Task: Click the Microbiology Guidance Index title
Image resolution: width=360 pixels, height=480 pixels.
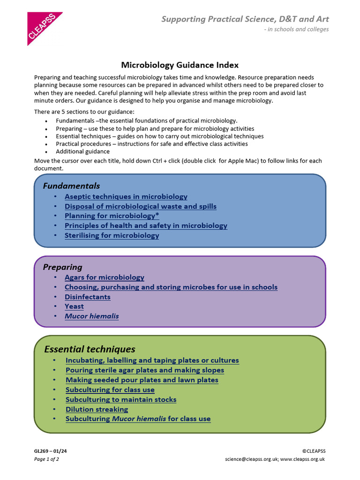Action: pyautogui.click(x=180, y=65)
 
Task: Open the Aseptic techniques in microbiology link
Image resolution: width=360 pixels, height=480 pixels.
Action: pyautogui.click(x=126, y=197)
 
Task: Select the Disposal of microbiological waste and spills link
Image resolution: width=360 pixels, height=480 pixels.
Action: pyautogui.click(x=140, y=206)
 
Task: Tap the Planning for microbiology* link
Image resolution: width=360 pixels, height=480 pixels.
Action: pyautogui.click(x=112, y=216)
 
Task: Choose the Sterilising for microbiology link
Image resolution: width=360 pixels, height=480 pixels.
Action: pyautogui.click(x=112, y=235)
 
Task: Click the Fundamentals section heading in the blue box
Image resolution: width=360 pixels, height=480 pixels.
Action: pyautogui.click(x=71, y=186)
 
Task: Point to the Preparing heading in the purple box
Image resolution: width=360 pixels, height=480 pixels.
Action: pyautogui.click(x=62, y=267)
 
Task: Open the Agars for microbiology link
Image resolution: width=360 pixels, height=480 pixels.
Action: pyautogui.click(x=104, y=277)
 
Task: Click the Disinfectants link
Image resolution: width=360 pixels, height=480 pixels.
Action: pyautogui.click(x=87, y=297)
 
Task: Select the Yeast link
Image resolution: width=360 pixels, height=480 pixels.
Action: pyautogui.click(x=74, y=307)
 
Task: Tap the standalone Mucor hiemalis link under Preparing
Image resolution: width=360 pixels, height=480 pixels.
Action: pyautogui.click(x=91, y=316)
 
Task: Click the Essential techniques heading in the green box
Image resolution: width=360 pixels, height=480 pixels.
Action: pyautogui.click(x=90, y=349)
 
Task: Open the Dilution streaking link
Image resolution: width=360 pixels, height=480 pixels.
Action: pyautogui.click(x=97, y=409)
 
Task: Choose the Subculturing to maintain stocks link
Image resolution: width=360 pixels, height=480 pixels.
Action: pyautogui.click(x=121, y=400)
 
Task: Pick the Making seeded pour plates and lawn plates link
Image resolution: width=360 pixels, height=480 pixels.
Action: pyautogui.click(x=142, y=380)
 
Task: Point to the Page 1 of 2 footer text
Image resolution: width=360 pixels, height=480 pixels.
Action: pyautogui.click(x=46, y=459)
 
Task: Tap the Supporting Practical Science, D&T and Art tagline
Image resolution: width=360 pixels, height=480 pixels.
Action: pyautogui.click(x=245, y=19)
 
